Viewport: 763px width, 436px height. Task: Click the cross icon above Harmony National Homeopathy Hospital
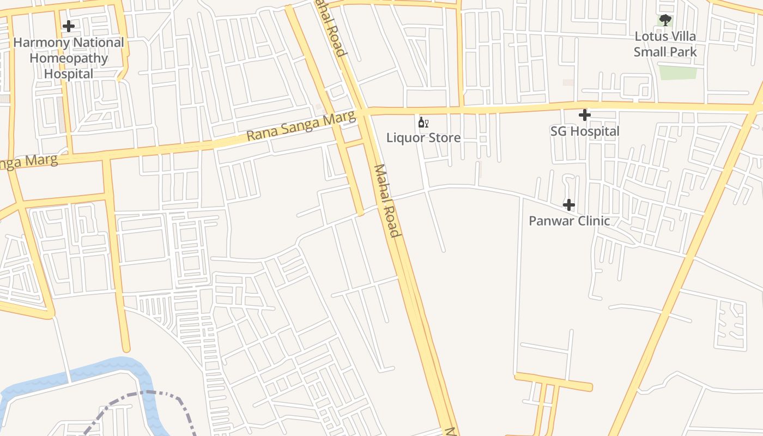tap(68, 26)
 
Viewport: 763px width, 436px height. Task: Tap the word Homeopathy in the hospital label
tap(69, 58)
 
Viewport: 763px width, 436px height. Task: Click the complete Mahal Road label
tap(387, 201)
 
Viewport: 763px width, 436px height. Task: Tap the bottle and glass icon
tap(423, 123)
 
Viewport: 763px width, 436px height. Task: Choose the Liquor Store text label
tap(423, 137)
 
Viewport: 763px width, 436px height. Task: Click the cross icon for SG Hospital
tap(584, 115)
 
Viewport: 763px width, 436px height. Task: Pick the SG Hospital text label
tap(585, 131)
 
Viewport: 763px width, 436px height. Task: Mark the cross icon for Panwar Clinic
tap(569, 205)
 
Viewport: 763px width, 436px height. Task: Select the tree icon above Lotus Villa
tap(665, 21)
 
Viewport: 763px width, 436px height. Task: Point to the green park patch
tap(678, 72)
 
